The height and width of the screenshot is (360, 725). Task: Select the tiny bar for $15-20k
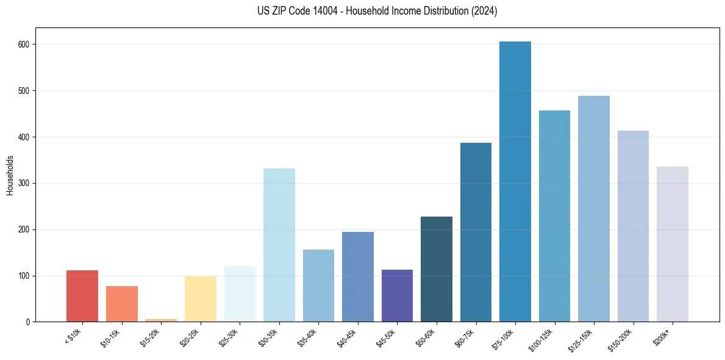click(x=161, y=320)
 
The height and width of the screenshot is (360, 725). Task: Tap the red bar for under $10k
click(x=82, y=296)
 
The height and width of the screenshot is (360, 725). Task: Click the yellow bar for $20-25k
click(x=201, y=299)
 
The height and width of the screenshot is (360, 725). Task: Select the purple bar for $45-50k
click(x=397, y=296)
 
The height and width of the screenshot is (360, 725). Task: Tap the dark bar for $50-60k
click(x=437, y=269)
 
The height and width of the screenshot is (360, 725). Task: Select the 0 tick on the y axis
click(x=29, y=322)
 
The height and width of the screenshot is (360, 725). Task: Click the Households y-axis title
click(x=10, y=175)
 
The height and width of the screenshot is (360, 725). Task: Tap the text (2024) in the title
click(x=484, y=11)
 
